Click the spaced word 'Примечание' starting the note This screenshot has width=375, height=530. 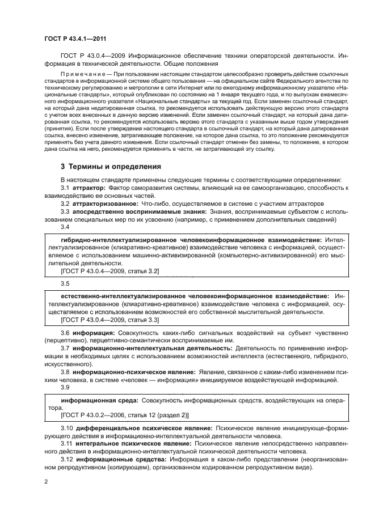tap(85, 74)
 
